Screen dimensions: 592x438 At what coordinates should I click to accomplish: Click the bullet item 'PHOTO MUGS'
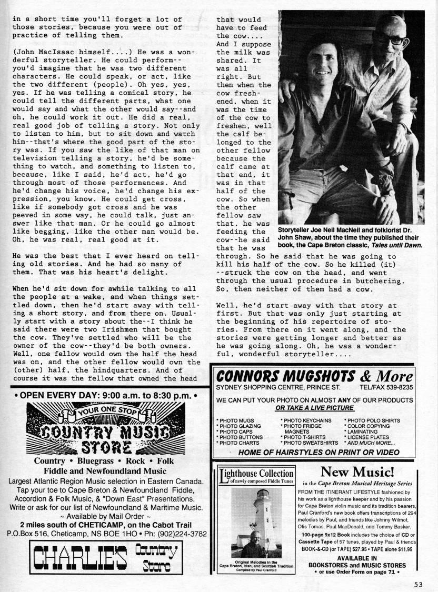(235, 420)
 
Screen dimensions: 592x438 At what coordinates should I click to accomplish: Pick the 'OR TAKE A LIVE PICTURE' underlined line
(314, 407)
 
